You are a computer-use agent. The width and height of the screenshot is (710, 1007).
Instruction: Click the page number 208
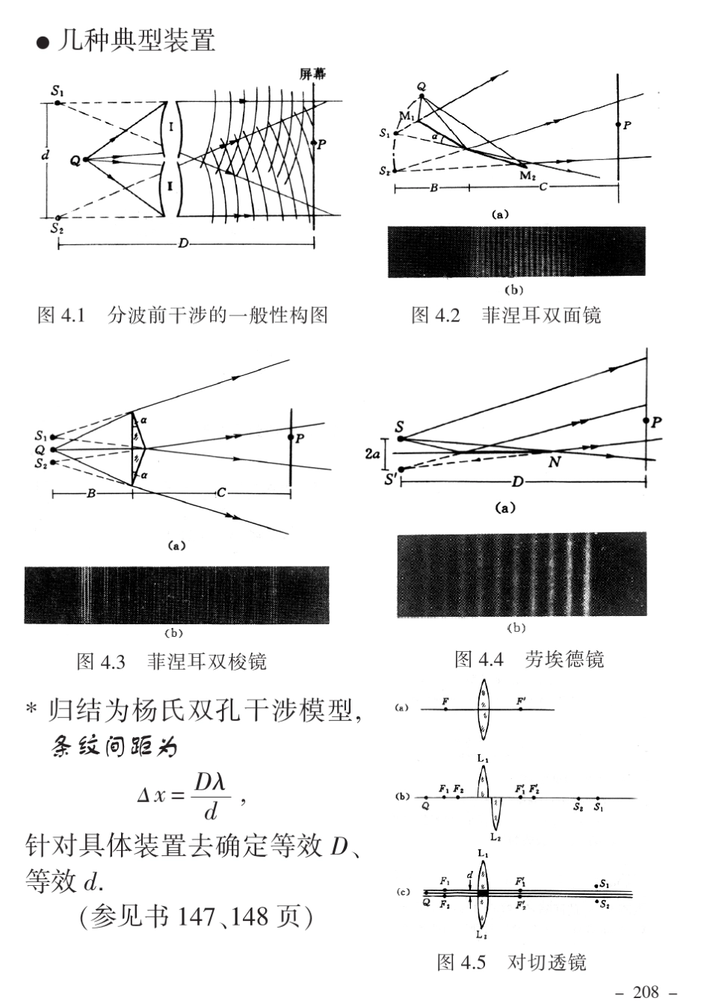646,992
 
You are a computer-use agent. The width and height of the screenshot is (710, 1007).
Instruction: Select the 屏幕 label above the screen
312,73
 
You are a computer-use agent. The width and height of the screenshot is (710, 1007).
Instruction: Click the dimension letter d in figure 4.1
46,155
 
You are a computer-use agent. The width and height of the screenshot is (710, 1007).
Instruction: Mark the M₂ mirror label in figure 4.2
527,176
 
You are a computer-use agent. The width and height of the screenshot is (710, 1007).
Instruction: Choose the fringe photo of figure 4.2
516,252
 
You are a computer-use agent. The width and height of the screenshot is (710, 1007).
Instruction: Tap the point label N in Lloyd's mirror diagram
554,462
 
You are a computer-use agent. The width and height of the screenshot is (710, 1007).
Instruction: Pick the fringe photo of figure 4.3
176,595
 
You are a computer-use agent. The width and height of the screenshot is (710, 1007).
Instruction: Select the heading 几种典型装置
137,40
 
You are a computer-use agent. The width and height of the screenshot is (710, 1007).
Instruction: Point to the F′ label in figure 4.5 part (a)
521,701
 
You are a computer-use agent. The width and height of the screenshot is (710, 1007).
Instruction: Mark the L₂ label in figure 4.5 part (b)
496,837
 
